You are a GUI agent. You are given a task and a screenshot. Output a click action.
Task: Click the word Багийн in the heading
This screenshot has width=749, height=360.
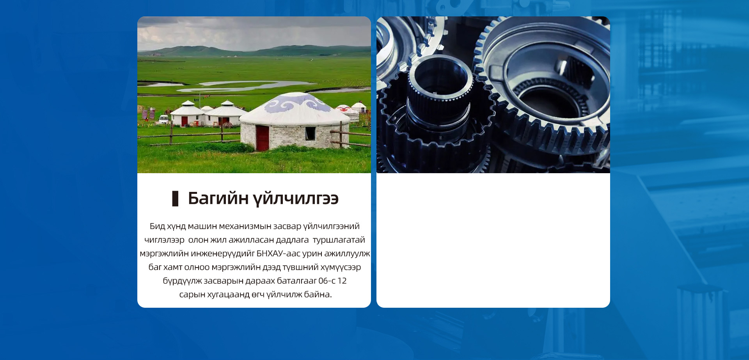218,198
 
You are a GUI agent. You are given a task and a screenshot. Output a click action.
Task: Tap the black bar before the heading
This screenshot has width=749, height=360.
175,199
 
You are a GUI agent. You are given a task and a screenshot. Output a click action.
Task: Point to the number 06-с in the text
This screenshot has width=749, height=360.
327,281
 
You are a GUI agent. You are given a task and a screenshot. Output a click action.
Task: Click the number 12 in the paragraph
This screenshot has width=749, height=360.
342,281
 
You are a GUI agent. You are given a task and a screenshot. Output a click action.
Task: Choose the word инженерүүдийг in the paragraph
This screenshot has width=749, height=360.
223,254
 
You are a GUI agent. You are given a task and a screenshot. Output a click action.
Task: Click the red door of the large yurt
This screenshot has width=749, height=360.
263,138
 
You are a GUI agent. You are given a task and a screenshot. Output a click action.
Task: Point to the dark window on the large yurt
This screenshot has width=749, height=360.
310,133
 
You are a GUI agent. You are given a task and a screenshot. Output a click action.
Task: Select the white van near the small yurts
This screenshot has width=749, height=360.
163,119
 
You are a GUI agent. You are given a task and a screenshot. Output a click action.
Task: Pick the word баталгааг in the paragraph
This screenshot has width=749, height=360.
296,281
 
